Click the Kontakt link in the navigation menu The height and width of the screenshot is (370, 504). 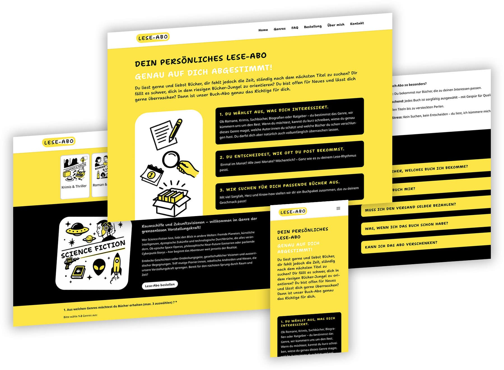click(x=357, y=24)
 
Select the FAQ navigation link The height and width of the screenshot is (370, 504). click(x=295, y=28)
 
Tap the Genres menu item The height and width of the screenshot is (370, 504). click(x=279, y=29)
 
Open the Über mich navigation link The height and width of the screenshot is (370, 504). click(x=336, y=25)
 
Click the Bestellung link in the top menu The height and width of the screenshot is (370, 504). click(x=312, y=27)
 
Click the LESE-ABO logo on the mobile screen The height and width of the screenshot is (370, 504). click(x=293, y=212)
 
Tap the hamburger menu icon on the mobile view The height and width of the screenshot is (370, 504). click(x=338, y=208)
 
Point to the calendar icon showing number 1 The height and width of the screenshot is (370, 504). click(x=151, y=175)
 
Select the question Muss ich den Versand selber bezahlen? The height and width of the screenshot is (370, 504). click(x=410, y=207)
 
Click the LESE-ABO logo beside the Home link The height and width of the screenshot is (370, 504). click(x=153, y=37)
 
